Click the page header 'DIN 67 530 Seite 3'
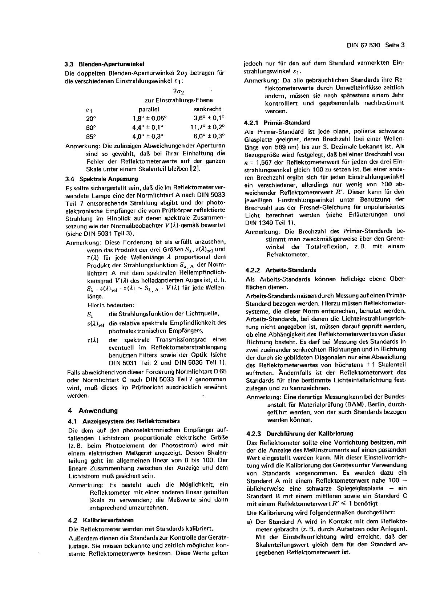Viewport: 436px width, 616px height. [375, 45]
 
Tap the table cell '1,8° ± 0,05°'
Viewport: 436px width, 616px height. [149, 118]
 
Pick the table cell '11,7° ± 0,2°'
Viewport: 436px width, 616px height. [207, 127]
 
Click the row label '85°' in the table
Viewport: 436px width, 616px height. [91, 137]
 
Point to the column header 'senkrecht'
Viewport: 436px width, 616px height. [207, 109]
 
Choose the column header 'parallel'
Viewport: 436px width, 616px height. [149, 109]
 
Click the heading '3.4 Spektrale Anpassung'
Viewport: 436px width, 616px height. [101, 179]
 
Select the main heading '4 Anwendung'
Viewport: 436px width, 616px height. [93, 411]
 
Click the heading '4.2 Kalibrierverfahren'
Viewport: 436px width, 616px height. [101, 520]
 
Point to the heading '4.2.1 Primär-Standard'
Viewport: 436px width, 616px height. [278, 123]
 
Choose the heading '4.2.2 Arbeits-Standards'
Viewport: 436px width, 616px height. [281, 270]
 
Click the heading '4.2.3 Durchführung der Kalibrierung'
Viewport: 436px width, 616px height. [299, 434]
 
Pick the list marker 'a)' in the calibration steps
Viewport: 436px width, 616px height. [250, 521]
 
